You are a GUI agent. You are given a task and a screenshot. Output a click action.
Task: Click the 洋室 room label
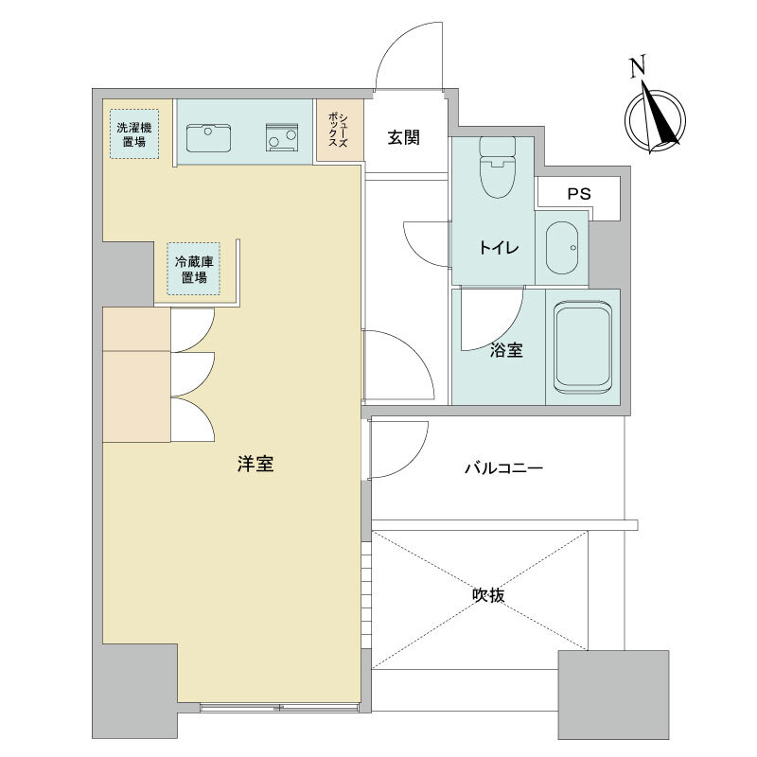point(255,464)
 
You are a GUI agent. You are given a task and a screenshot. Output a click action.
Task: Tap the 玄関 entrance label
point(404,138)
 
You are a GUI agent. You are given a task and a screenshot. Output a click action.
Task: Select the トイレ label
point(499,248)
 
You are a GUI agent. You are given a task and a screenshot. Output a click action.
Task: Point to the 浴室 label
point(506,350)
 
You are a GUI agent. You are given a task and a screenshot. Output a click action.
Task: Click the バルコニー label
point(504,467)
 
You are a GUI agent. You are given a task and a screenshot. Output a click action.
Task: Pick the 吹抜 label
point(488,595)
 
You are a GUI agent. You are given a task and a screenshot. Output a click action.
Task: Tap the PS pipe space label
point(579,194)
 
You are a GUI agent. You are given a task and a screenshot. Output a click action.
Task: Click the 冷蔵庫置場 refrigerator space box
point(194,269)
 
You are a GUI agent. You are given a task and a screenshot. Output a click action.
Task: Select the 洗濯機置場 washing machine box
point(134,134)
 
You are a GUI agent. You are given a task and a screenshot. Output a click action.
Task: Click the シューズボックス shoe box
point(340,130)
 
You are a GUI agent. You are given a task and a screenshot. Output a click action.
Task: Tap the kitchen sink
point(208,137)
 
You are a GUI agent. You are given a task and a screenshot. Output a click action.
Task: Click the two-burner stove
point(282,137)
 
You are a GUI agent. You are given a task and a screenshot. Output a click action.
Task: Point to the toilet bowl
point(498,167)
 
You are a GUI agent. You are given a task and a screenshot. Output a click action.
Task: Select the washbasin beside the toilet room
point(562,248)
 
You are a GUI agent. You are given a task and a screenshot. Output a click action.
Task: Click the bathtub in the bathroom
point(583,348)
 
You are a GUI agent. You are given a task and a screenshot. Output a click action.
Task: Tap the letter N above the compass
point(638,66)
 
